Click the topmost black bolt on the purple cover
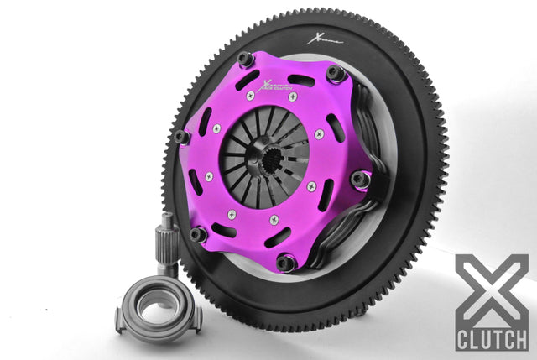coord(245,60)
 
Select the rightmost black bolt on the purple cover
coord(361,179)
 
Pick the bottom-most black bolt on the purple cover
coord(285,262)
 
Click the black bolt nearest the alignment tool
coord(197,234)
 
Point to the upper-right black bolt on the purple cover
coord(336,74)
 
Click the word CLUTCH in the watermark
coord(492,339)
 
